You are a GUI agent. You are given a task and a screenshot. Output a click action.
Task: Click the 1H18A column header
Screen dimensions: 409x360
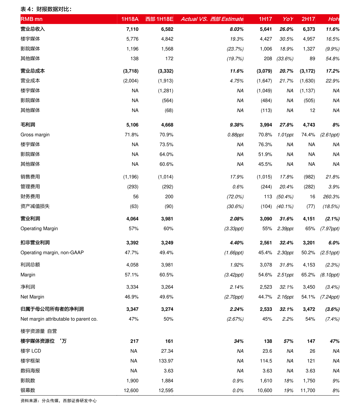coord(130,19)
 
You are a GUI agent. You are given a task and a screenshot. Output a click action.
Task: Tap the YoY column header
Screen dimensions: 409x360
coord(287,19)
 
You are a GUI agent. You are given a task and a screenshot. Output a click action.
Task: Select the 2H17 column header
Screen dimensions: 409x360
coord(308,19)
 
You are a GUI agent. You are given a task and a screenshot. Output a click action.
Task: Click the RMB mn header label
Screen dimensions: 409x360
coord(31,19)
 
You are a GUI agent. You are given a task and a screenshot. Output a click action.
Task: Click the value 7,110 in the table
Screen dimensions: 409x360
coord(132,29)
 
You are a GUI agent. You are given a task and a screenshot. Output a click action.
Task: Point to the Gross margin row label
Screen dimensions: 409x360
coord(35,135)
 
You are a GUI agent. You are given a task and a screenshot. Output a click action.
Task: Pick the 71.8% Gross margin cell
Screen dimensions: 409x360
coord(131,135)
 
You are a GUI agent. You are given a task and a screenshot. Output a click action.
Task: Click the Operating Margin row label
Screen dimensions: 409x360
coord(39,229)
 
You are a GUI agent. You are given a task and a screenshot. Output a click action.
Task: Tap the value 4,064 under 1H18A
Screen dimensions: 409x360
coord(132,219)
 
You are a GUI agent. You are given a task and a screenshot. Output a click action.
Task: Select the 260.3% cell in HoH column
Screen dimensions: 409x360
coord(331,197)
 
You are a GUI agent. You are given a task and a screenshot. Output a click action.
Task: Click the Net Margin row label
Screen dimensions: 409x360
coord(32,297)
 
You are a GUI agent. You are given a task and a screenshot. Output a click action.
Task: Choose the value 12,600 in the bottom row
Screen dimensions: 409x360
coord(131,391)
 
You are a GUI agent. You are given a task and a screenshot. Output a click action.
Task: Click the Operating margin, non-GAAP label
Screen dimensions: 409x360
coord(52,253)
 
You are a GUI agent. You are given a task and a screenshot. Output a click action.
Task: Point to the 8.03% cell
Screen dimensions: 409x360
coord(236,29)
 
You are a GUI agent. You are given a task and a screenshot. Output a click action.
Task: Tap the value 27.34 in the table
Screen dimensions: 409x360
coord(167,351)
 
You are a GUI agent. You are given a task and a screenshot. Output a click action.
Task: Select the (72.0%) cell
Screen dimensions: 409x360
coord(235,197)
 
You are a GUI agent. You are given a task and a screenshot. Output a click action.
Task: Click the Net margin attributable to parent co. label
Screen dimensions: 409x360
coord(59,319)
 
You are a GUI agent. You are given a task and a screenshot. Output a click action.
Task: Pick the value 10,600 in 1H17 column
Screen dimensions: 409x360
coord(264,391)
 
